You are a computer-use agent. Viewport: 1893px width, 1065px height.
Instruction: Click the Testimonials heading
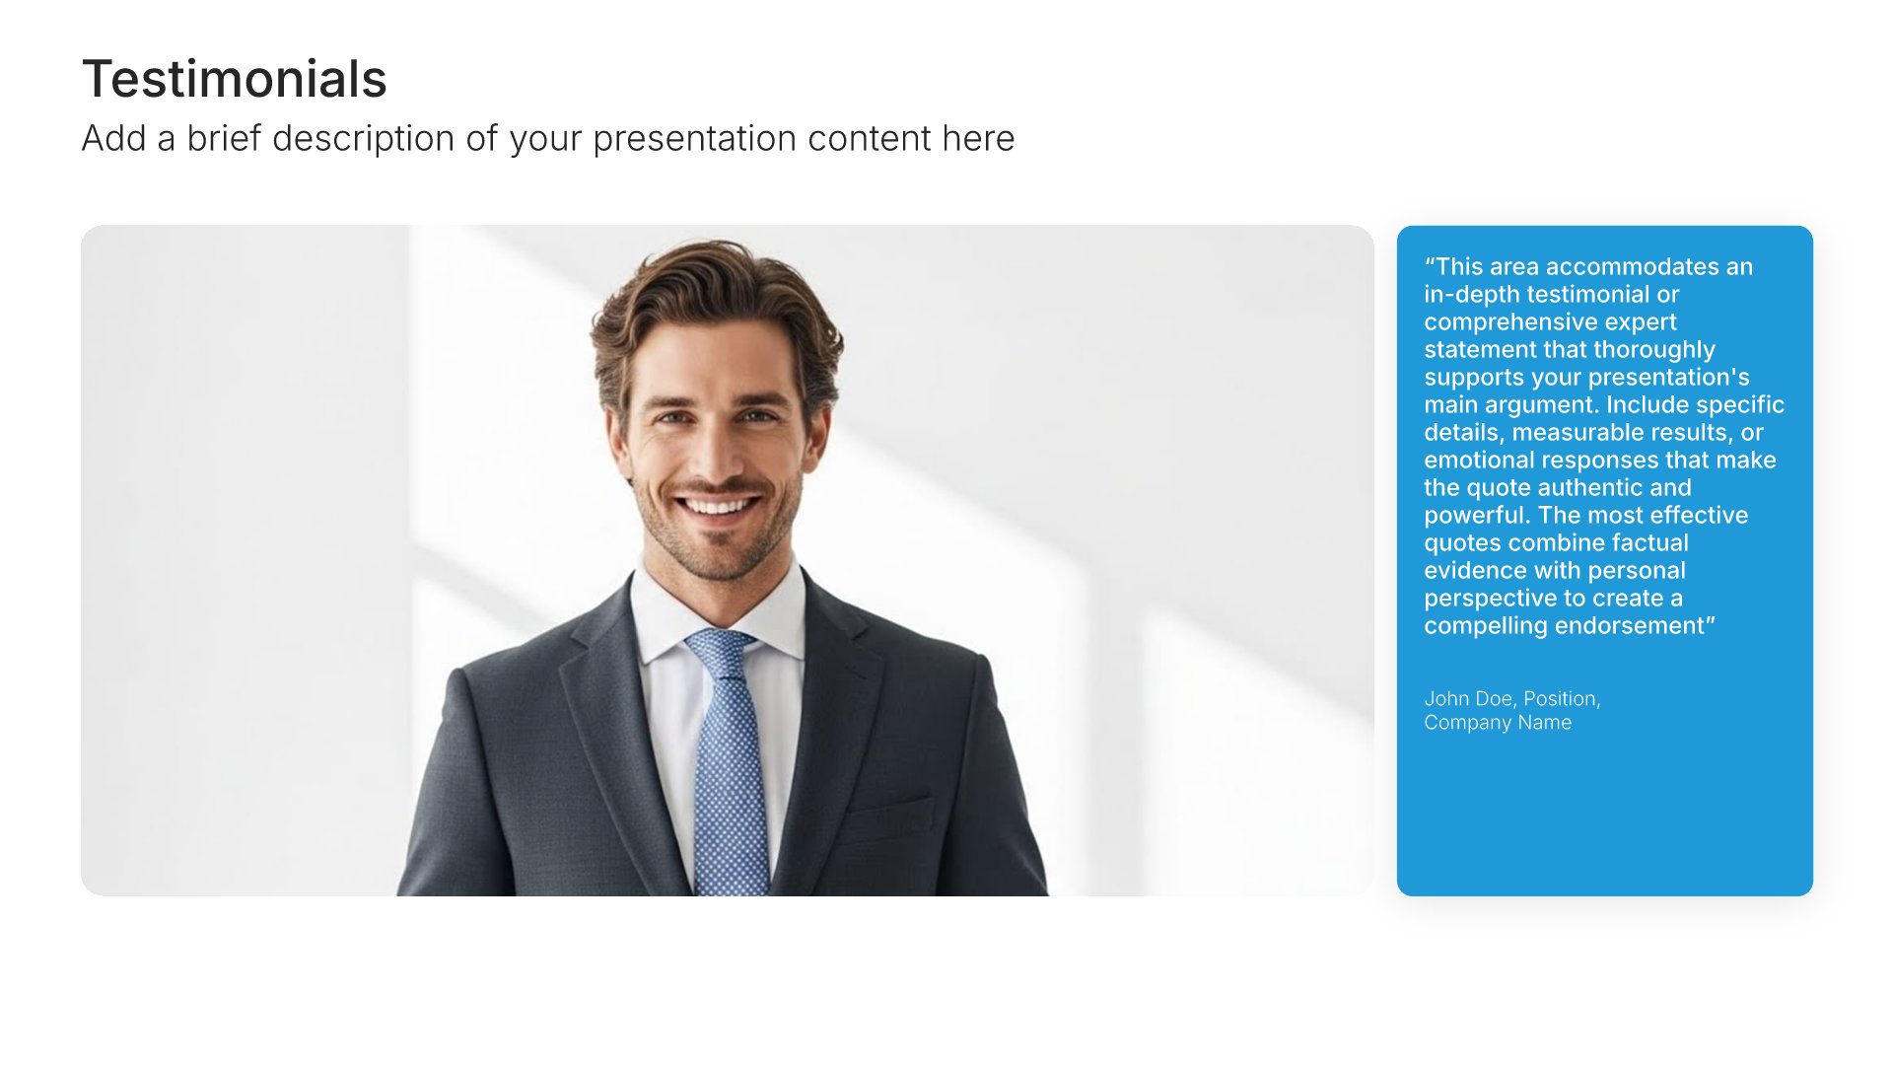[235, 79]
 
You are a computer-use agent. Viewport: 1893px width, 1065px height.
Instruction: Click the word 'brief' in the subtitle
[224, 138]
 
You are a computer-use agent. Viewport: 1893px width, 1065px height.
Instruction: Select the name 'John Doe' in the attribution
[1468, 698]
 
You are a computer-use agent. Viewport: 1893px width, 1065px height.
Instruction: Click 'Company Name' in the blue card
[1498, 723]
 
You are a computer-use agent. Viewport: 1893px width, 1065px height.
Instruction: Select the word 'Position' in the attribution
[1562, 698]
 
